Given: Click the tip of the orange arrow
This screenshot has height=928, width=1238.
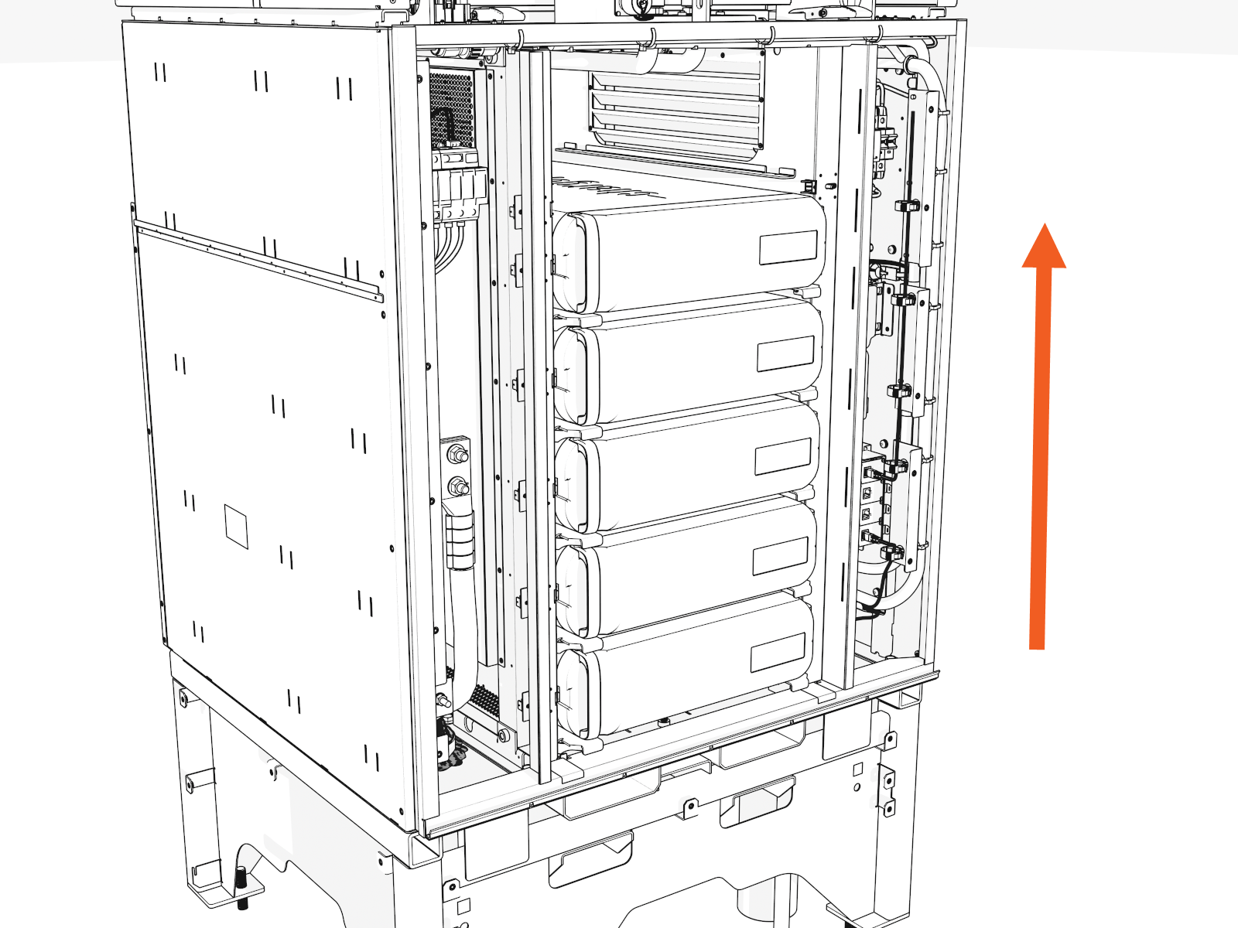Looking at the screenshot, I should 1045,226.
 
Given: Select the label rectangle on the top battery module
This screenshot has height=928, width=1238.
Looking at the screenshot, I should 788,247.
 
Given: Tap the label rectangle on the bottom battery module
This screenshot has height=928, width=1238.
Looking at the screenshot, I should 778,652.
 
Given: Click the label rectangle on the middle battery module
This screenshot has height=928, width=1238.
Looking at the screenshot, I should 782,456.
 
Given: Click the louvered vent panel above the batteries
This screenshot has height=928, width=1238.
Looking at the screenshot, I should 677,108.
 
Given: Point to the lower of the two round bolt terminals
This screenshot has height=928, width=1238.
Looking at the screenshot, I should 458,486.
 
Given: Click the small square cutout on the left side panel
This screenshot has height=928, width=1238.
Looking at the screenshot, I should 236,526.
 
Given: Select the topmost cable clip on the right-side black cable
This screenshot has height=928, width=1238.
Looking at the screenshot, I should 907,206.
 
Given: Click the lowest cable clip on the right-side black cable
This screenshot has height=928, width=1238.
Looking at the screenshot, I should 892,551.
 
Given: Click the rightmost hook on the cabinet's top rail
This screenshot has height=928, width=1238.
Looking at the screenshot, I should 880,33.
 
